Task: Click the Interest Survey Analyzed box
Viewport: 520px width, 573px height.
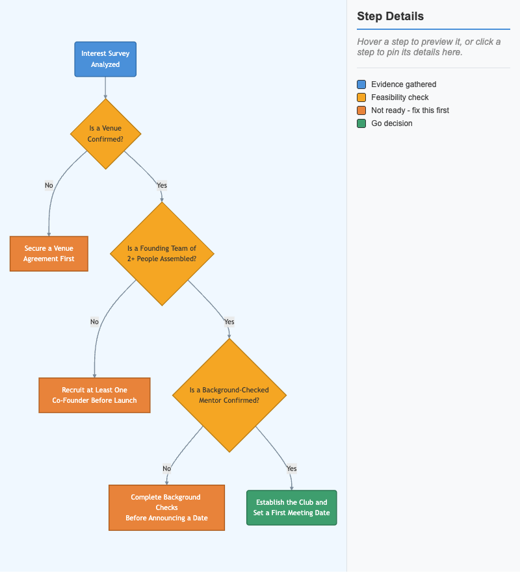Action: tap(105, 59)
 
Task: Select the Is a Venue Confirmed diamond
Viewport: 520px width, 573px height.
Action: tap(106, 134)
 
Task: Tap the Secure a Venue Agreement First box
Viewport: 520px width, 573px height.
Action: tap(49, 253)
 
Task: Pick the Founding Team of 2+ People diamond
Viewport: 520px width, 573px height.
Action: tap(162, 253)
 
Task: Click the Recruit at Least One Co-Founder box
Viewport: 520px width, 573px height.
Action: tap(94, 395)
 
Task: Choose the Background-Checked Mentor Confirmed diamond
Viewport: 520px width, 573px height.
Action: tap(229, 395)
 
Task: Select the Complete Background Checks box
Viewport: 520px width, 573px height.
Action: tap(167, 507)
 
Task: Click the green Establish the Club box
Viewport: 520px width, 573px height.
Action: tap(292, 507)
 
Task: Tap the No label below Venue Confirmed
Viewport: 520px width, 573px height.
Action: tap(49, 185)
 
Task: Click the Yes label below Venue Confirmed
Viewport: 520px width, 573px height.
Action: tap(162, 185)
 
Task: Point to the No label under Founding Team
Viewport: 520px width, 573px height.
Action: tap(94, 322)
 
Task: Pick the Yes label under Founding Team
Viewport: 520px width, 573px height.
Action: tap(229, 322)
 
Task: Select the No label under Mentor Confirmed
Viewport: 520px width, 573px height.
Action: tap(167, 468)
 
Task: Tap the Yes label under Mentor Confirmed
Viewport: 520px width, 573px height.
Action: tap(292, 468)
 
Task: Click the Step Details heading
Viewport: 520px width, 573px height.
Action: tap(390, 16)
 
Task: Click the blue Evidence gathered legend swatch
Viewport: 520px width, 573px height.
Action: tap(361, 84)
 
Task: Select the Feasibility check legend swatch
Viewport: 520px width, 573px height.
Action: tap(361, 97)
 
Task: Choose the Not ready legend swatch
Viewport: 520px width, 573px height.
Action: tap(361, 110)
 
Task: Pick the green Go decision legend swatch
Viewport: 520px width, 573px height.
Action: tap(361, 123)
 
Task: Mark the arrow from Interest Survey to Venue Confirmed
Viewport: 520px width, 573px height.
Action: tap(105, 88)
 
